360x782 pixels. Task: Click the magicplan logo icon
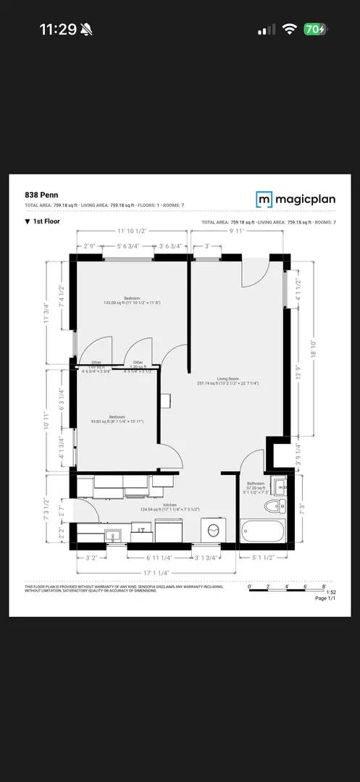[x=264, y=199]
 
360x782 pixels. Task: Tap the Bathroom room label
[x=256, y=485]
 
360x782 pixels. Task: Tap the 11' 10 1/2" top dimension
[x=133, y=232]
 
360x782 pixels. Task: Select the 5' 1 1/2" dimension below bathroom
[x=261, y=558]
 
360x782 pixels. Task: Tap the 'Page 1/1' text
[x=325, y=598]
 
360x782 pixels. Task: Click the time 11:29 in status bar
[x=57, y=29]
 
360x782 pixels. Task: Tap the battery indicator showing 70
[x=315, y=29]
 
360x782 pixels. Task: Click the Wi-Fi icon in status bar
[x=290, y=29]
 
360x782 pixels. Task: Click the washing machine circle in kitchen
[x=213, y=530]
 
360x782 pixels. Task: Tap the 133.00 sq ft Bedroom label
[x=132, y=300]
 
